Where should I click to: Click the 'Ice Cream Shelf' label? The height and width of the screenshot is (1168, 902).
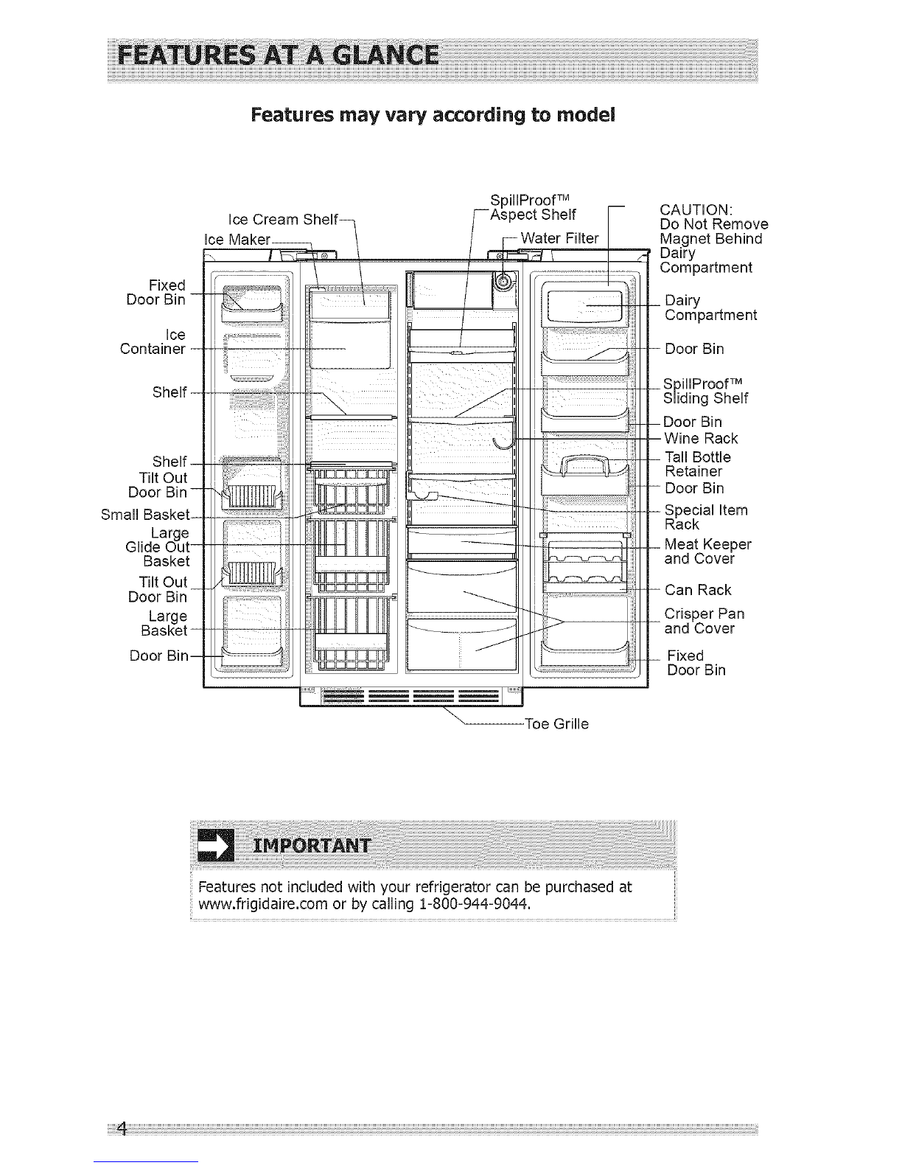coord(283,220)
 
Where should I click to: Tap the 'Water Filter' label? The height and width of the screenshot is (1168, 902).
coord(560,238)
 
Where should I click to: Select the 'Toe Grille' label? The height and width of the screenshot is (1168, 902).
coord(556,724)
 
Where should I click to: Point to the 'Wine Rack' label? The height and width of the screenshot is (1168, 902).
coord(701,439)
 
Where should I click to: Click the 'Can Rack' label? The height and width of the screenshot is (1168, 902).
coord(698,590)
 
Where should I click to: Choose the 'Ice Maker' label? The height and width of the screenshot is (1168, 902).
coord(237,240)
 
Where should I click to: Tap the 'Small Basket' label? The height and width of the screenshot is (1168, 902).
coord(145,515)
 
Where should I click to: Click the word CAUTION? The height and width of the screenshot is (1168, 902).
coord(696,209)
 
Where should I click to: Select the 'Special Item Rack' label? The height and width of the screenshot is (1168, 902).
coord(706,517)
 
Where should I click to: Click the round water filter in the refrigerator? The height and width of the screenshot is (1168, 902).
coord(503,281)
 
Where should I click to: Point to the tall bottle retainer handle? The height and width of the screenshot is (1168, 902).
coord(584,465)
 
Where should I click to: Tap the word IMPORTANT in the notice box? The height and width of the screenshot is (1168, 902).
coord(312,846)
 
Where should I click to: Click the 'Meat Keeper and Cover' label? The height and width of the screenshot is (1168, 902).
coord(707,552)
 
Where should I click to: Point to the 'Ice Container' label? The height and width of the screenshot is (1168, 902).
coord(153,342)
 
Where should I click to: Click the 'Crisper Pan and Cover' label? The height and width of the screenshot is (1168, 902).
coord(705,622)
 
